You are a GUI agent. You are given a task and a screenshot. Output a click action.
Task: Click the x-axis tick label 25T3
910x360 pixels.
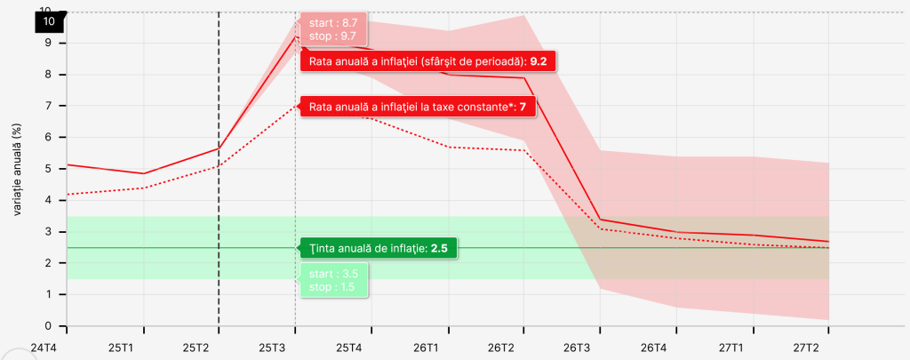271,346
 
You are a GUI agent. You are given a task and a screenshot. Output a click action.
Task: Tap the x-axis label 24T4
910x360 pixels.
44,346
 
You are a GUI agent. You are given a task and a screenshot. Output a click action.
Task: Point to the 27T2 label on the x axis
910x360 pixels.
806,346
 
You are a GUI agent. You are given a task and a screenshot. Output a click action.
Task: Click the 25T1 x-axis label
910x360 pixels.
119,346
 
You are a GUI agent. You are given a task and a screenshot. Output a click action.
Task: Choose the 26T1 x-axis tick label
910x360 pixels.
425,346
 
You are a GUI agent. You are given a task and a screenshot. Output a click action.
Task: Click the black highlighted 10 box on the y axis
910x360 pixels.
48,20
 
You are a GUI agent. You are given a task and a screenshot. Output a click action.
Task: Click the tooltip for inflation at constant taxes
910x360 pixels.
419,108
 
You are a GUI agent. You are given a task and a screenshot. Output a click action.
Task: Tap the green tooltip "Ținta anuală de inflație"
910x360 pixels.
378,248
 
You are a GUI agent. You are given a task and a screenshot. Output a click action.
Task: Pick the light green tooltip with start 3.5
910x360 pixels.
333,281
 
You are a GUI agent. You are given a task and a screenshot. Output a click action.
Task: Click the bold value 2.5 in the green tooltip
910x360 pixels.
439,248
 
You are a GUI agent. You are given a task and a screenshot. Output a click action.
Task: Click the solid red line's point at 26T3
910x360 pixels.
601,220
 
